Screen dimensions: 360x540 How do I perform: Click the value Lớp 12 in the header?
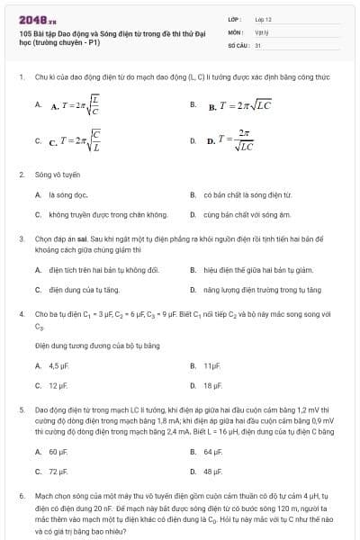[263, 18]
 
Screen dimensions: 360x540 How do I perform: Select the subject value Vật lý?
[262, 31]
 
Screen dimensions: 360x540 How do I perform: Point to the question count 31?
[257, 43]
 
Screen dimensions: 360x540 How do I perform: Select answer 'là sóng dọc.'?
[67, 194]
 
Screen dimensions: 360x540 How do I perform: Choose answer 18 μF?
[212, 385]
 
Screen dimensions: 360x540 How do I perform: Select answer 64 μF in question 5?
[212, 451]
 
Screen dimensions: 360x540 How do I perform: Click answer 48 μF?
[212, 471]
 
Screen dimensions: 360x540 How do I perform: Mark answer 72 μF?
[58, 471]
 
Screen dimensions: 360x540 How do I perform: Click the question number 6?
[21, 496]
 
